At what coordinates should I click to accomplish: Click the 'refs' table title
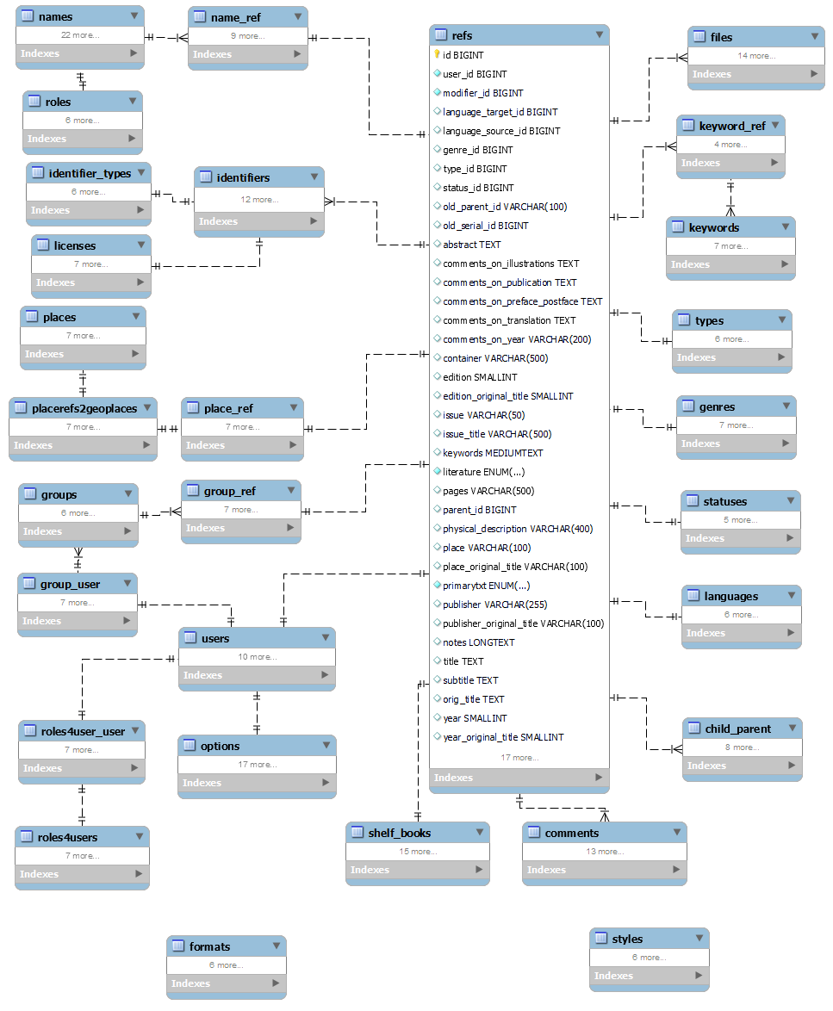pos(462,35)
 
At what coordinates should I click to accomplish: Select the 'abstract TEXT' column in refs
pos(471,245)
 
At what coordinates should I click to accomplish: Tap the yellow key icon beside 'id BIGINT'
pos(437,55)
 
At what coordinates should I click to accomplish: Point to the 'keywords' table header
pos(713,227)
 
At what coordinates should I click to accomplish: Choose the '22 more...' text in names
pos(80,35)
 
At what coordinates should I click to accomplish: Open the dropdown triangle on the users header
pos(326,638)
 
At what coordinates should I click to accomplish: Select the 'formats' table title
pos(209,946)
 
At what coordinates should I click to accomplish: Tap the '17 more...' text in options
pos(258,765)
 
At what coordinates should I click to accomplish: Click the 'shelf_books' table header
pos(399,833)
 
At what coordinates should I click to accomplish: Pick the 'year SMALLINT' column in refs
pos(475,718)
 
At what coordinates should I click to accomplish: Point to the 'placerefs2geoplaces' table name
pos(84,408)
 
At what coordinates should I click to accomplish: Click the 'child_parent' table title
pos(737,729)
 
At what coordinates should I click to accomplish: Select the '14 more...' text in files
pos(757,56)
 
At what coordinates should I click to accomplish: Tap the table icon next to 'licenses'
pos(43,245)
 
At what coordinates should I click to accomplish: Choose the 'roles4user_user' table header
pos(83,731)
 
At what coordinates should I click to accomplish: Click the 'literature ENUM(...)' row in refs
pos(483,472)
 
